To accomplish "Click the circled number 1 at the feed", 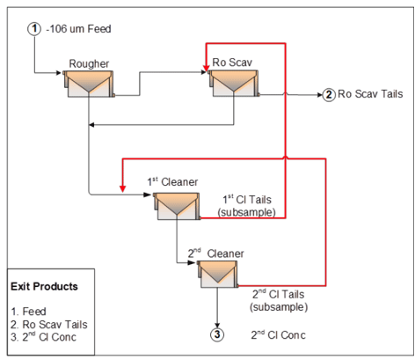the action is (x=34, y=29).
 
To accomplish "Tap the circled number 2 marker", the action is (x=329, y=95).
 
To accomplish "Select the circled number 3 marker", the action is (x=217, y=334).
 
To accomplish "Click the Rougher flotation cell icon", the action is (x=89, y=84).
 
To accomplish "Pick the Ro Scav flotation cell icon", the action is (x=234, y=83).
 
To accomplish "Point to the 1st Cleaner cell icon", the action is (x=177, y=206).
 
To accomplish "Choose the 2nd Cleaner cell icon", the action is (x=217, y=275).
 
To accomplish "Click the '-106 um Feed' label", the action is (x=78, y=29).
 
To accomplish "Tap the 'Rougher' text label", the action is (x=89, y=63).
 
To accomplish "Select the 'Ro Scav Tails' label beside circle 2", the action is (x=370, y=94).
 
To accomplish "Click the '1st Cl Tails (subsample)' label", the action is (x=247, y=206).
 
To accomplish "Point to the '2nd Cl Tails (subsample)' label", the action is (x=279, y=300).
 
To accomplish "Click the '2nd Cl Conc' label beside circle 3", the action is (x=278, y=334).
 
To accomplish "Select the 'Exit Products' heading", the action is (x=44, y=286).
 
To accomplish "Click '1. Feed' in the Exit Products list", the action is (x=29, y=311).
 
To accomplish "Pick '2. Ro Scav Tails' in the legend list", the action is (x=49, y=324).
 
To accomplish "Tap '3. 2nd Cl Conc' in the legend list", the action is (x=43, y=337).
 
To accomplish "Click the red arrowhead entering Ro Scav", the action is (x=207, y=68).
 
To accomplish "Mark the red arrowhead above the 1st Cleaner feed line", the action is (x=123, y=188).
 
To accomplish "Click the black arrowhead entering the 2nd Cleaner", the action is (x=192, y=262).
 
